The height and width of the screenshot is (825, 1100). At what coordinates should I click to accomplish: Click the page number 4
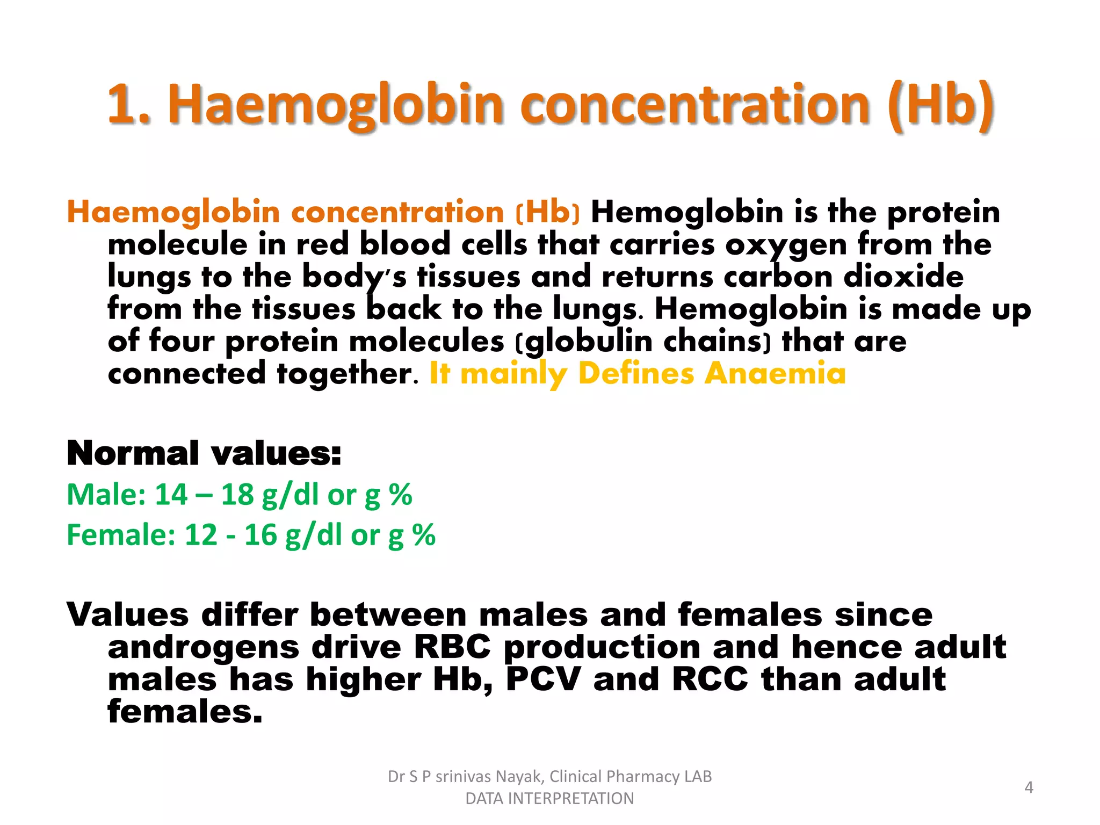click(1029, 787)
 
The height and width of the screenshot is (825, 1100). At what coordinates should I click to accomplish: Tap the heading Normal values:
click(204, 453)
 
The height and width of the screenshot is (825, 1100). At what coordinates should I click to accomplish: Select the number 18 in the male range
click(237, 494)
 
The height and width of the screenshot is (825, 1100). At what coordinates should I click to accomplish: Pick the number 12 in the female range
click(200, 535)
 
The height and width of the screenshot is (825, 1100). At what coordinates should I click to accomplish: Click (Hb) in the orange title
click(940, 105)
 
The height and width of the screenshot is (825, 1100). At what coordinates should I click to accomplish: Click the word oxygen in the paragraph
click(786, 245)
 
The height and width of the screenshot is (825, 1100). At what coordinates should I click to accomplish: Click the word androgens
click(203, 648)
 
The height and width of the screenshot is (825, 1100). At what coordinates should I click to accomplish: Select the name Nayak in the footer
click(519, 777)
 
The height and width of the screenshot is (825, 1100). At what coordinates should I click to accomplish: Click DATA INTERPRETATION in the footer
click(549, 799)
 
